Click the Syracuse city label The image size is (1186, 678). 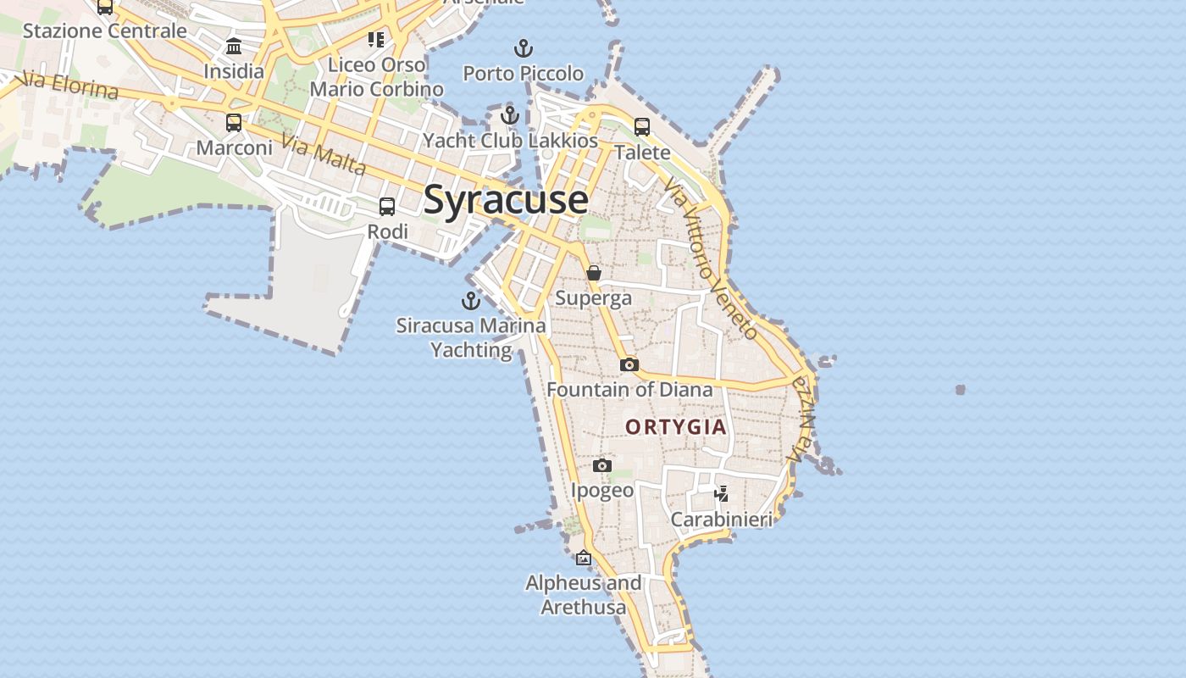tap(505, 200)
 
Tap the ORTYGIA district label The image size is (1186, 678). tap(676, 427)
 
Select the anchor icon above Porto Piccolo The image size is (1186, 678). tap(524, 47)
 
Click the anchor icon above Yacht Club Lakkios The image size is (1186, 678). tap(509, 114)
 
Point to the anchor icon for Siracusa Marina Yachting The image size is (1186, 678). tap(470, 300)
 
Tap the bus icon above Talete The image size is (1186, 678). tap(642, 127)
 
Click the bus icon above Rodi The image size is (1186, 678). tap(387, 206)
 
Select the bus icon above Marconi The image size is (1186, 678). tap(234, 122)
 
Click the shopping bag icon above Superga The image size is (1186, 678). tap(594, 273)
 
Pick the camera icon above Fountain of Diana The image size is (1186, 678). tap(629, 364)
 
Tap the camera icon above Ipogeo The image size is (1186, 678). tap(601, 465)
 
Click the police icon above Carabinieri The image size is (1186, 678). tap(721, 493)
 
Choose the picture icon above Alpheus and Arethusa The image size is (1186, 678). tap(583, 558)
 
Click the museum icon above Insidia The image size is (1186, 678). tap(234, 46)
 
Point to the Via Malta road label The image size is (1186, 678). tap(324, 155)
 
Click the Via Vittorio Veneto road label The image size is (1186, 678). tap(710, 258)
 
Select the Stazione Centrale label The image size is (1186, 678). tap(104, 31)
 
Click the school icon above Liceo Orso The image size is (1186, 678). tap(376, 39)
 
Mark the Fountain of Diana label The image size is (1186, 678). tap(629, 390)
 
